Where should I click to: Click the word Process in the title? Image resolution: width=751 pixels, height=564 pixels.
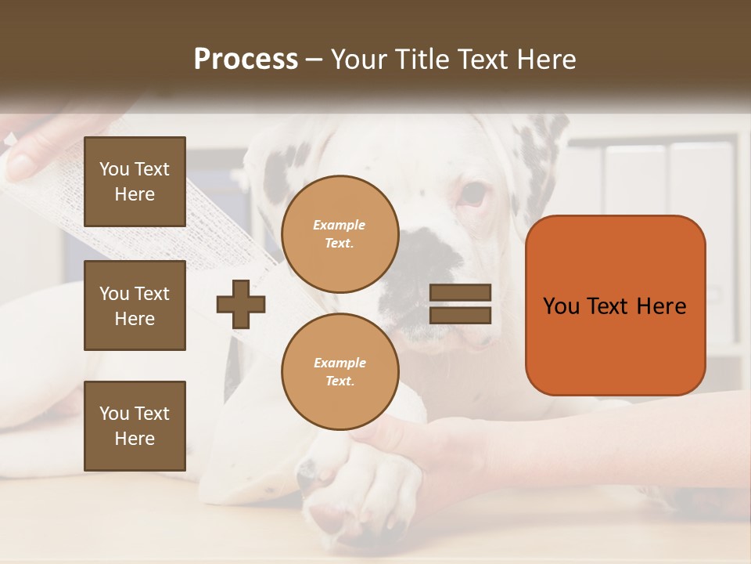pyautogui.click(x=246, y=60)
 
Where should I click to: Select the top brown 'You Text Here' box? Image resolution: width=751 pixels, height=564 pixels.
pyautogui.click(x=135, y=182)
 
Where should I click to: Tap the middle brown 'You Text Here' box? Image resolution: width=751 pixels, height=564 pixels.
pyautogui.click(x=135, y=305)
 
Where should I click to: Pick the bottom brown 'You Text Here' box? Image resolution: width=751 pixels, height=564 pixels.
pyautogui.click(x=135, y=426)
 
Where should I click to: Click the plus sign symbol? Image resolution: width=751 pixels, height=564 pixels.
pyautogui.click(x=241, y=304)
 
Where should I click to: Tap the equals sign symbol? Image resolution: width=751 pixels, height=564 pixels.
pyautogui.click(x=461, y=304)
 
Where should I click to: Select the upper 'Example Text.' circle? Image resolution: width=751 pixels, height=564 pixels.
pyautogui.click(x=340, y=234)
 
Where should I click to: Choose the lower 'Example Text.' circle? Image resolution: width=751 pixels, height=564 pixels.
pyautogui.click(x=340, y=371)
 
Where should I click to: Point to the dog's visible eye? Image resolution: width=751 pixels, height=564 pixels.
pyautogui.click(x=474, y=195)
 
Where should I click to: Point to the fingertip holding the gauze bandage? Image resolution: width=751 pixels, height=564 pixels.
pyautogui.click(x=20, y=164)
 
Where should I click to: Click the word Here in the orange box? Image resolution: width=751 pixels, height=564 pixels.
pyautogui.click(x=661, y=306)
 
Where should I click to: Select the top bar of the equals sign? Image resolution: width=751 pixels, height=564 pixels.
pyautogui.click(x=461, y=293)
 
